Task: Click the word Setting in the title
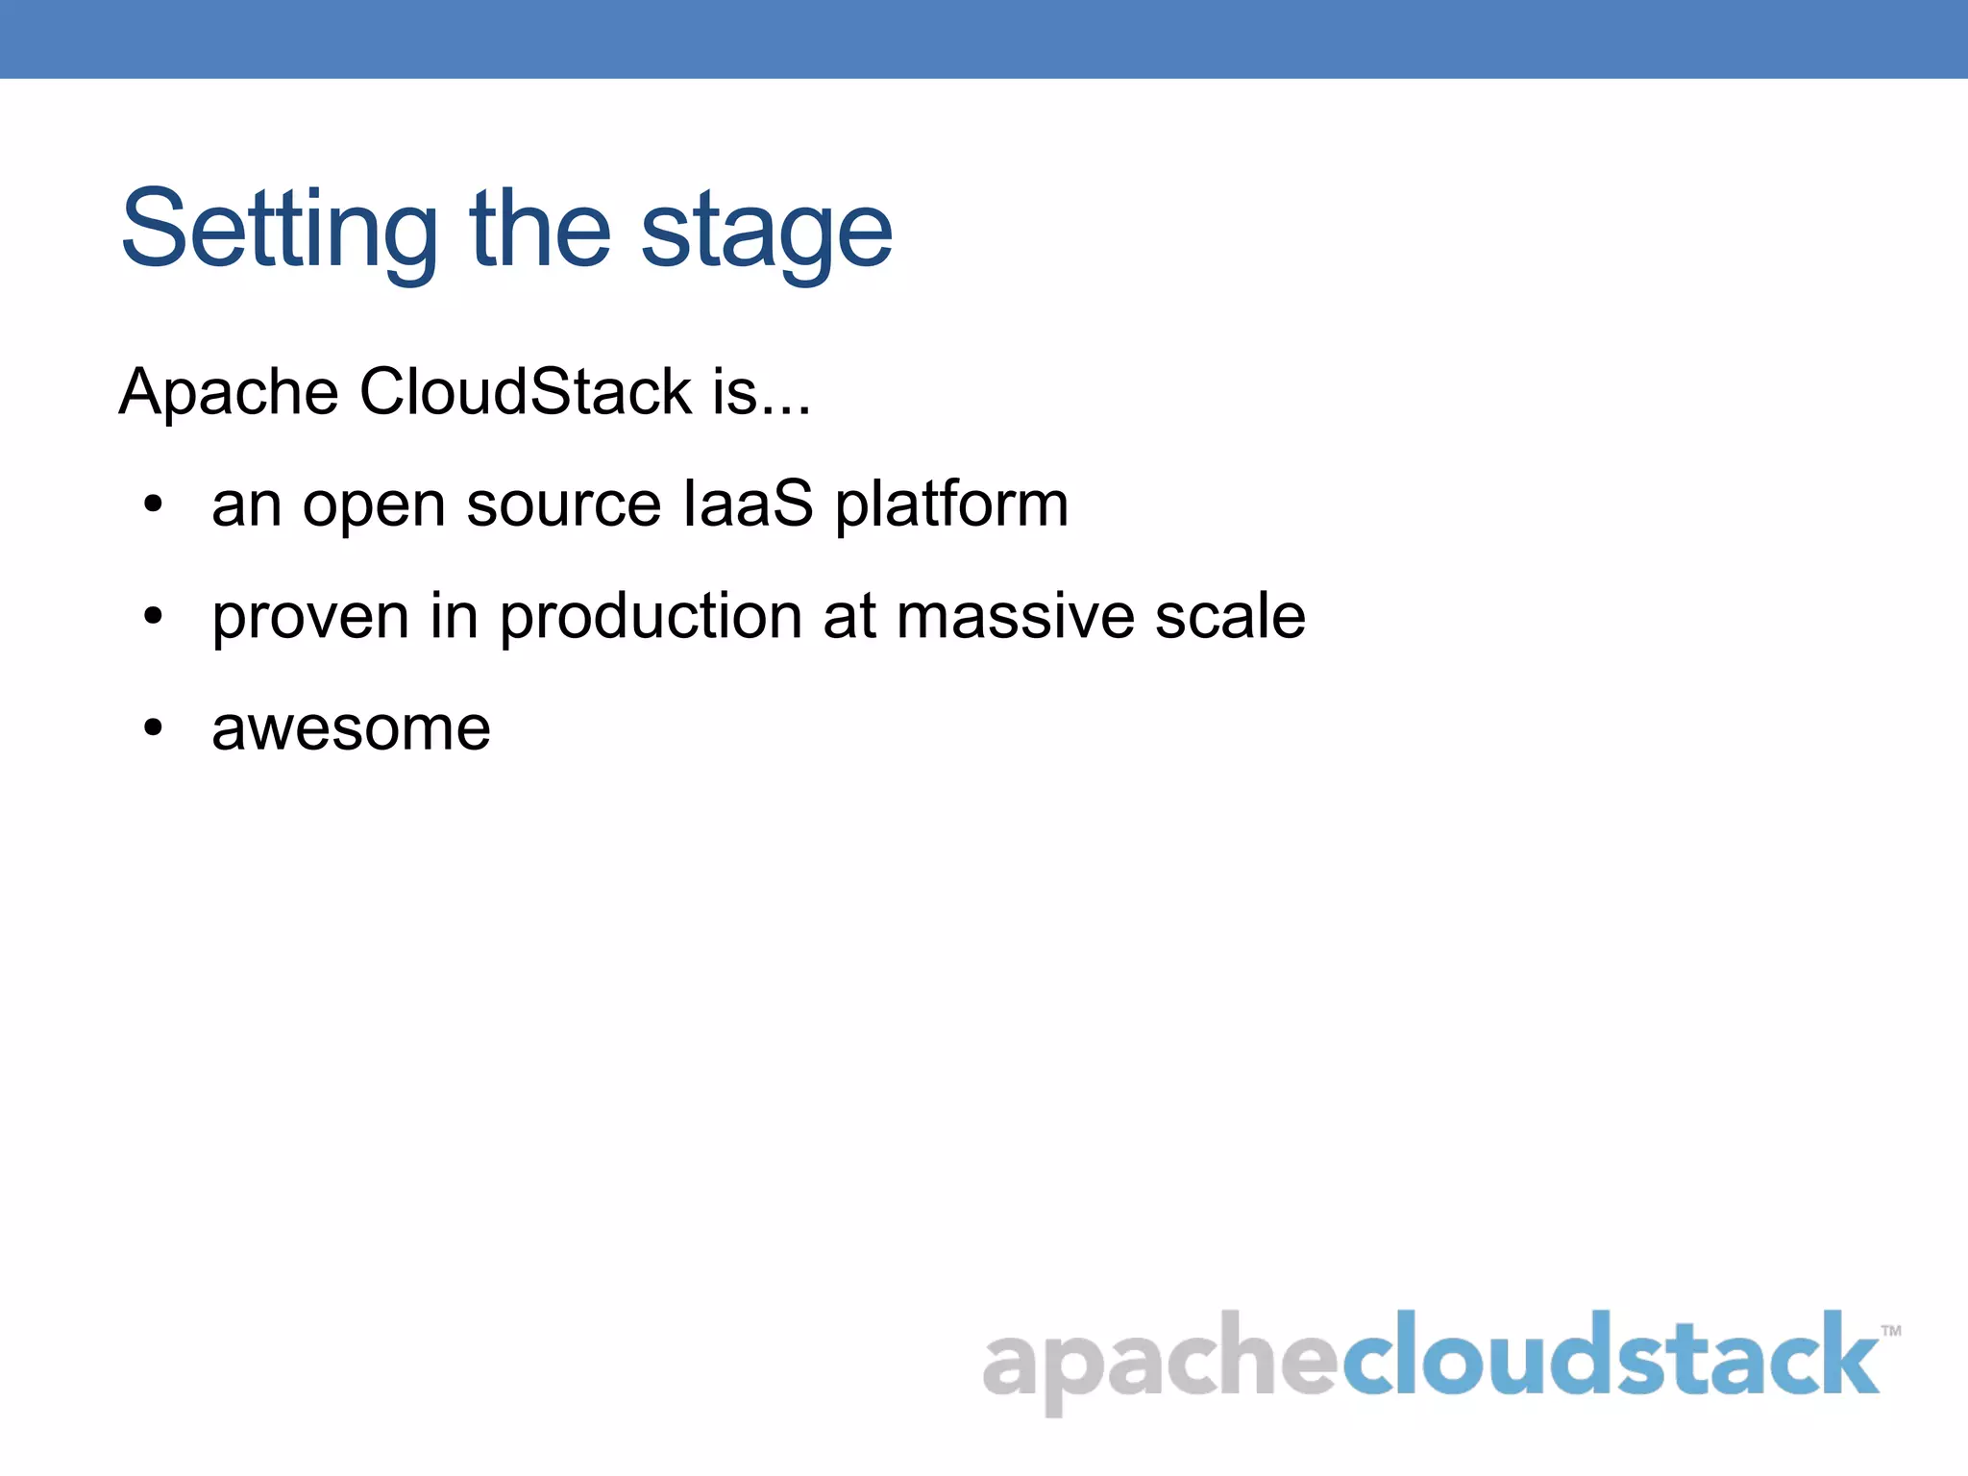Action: tap(279, 231)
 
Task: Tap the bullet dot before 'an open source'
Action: tap(153, 504)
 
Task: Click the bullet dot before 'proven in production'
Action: tap(153, 616)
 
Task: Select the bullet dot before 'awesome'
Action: tap(153, 727)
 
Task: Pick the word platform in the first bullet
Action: tap(951, 505)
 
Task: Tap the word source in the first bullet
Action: tap(564, 505)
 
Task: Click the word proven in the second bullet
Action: tap(310, 617)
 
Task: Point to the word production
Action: tap(651, 617)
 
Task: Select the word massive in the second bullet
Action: tap(1015, 616)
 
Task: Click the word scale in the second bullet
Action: tap(1230, 616)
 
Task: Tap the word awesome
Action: tap(351, 728)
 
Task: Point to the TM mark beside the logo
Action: tap(1890, 1331)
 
